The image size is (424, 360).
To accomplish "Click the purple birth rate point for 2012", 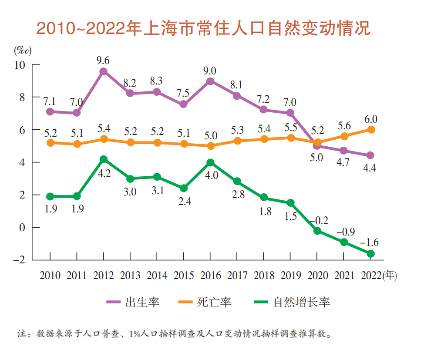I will (104, 71).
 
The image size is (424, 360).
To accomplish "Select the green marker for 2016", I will (210, 162).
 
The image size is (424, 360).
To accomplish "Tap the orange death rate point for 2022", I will (371, 130).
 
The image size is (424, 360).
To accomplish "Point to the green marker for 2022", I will (371, 253).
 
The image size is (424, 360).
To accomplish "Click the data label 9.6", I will (103, 60).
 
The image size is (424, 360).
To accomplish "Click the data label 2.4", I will (183, 202).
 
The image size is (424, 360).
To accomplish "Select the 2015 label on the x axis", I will (183, 276).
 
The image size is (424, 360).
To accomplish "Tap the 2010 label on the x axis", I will (50, 276).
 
